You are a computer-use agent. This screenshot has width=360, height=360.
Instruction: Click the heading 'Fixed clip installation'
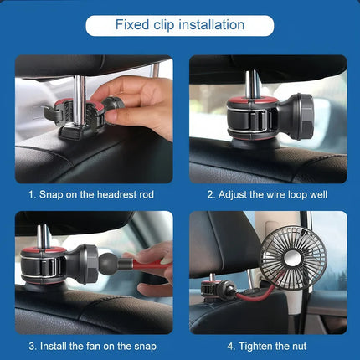(179, 25)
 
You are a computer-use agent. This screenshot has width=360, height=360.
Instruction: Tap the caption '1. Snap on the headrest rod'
(91, 194)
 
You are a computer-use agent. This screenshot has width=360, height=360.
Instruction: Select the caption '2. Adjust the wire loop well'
(267, 194)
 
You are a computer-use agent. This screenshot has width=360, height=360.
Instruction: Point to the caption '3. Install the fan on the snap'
(91, 345)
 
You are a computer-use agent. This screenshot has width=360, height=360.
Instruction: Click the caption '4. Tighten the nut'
(267, 345)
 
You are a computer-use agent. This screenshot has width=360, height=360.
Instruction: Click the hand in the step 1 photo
(142, 105)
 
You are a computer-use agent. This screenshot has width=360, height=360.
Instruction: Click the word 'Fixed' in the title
(132, 25)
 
